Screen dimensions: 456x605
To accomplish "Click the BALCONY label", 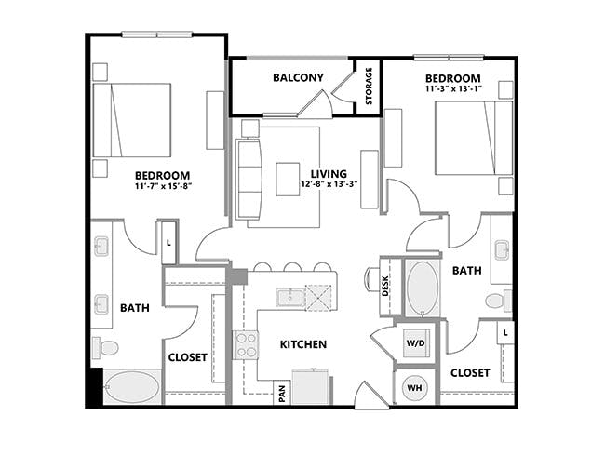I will click(298, 78).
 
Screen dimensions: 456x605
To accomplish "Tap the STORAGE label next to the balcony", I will click(369, 86).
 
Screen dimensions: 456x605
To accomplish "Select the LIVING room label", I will click(329, 174).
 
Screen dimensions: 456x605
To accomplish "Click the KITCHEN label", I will click(303, 344).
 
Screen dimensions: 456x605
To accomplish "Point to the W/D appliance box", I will click(414, 342).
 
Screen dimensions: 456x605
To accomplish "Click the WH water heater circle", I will click(414, 386).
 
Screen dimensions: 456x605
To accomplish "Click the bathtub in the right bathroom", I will click(423, 288).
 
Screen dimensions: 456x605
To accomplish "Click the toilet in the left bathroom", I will click(107, 348).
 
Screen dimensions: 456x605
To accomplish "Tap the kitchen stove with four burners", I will click(245, 345).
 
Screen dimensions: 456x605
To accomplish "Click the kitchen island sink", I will click(290, 298).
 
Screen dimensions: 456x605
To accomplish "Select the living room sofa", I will click(249, 178).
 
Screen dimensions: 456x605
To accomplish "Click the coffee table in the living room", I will click(288, 179).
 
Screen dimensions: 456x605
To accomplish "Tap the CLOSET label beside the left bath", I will click(188, 356).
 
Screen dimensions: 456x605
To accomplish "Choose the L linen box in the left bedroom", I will click(168, 241).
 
